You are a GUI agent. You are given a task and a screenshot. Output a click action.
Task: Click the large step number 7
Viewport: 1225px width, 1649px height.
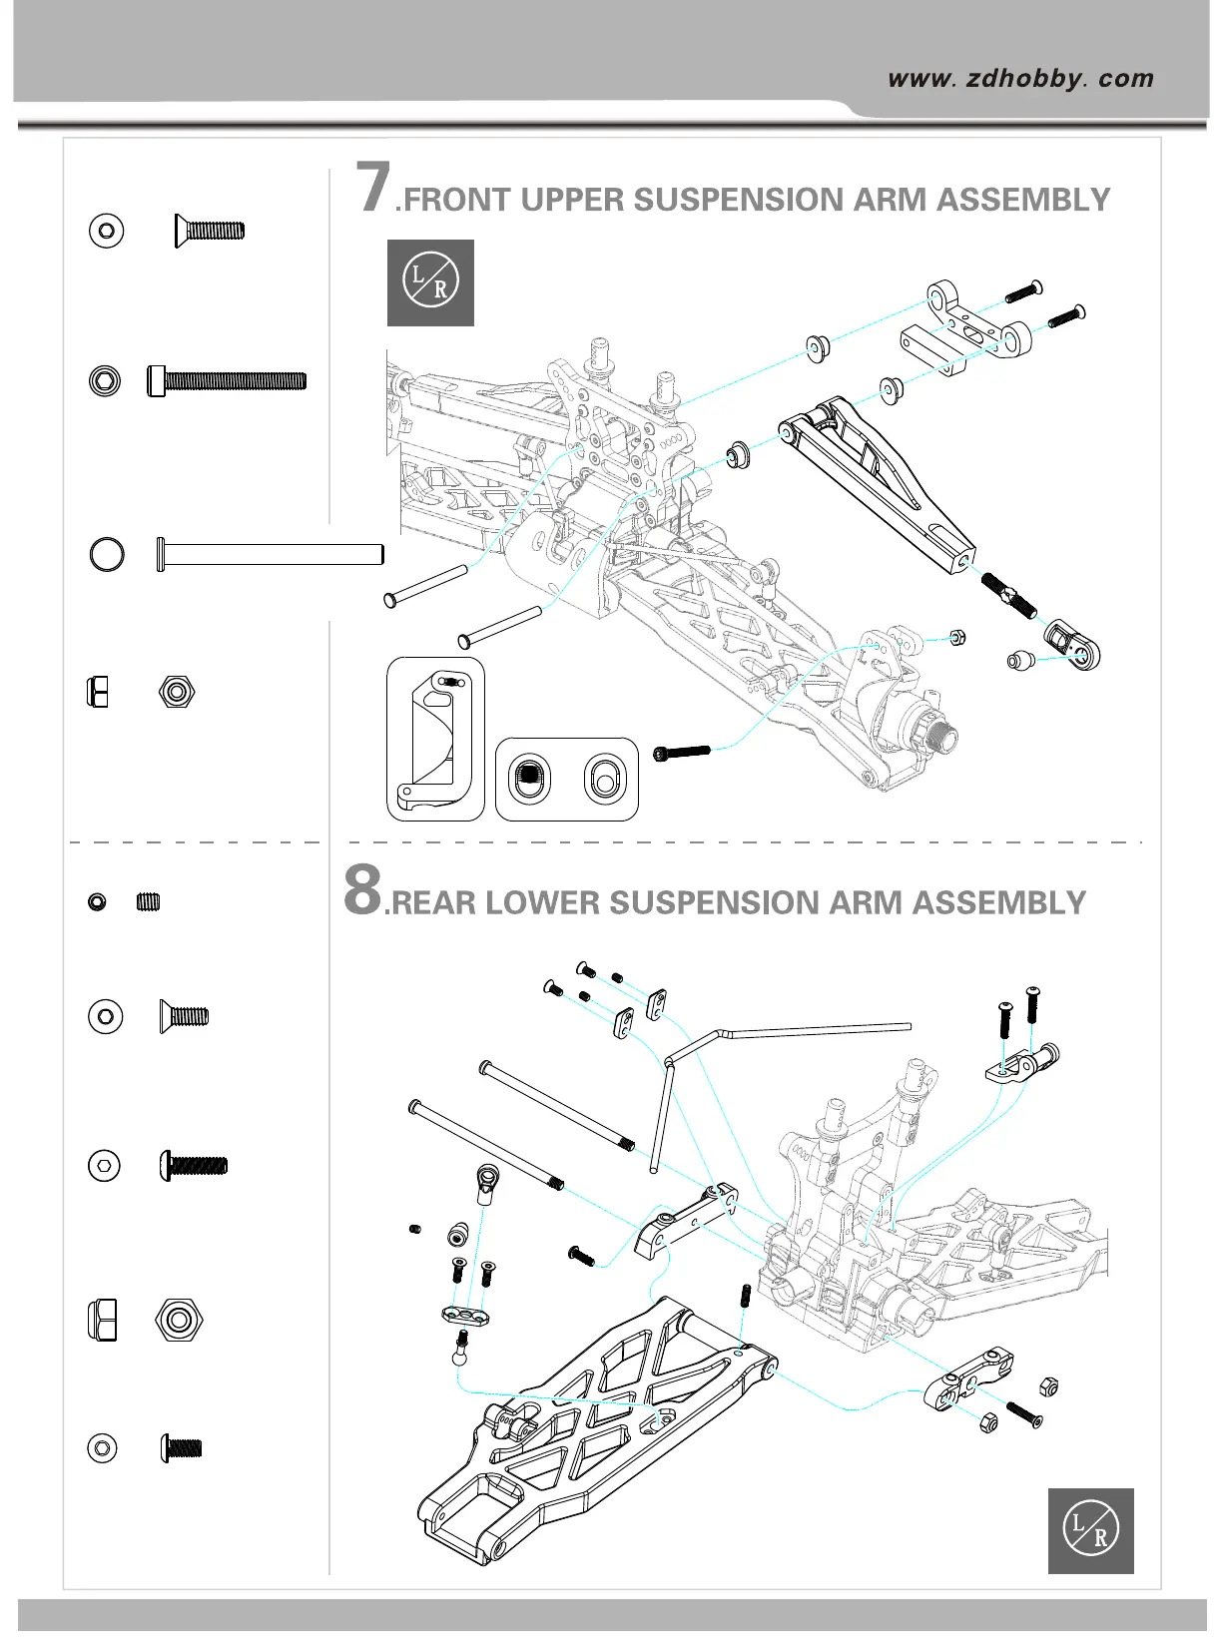point(374,188)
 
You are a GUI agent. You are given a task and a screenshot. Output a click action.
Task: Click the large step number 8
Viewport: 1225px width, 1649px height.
point(362,889)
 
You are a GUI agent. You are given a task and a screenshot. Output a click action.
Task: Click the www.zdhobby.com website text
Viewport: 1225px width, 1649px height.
point(1020,79)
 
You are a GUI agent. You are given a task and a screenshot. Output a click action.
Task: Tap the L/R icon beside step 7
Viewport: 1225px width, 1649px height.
point(430,282)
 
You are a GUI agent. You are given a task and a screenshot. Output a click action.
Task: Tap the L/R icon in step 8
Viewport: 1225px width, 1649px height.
point(1090,1530)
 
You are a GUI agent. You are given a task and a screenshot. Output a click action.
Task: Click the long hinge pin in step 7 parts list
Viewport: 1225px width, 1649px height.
point(270,554)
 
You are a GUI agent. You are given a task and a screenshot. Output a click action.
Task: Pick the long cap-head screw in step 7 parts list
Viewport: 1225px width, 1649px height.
point(227,380)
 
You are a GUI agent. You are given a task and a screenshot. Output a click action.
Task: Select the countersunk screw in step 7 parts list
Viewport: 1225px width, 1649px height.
point(209,231)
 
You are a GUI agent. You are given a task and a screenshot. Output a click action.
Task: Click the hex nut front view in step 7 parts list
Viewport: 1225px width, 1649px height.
point(177,691)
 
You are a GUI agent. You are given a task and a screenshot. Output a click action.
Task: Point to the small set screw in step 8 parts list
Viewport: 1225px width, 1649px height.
point(148,902)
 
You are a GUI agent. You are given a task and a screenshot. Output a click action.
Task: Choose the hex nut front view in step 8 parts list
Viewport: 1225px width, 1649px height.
point(179,1320)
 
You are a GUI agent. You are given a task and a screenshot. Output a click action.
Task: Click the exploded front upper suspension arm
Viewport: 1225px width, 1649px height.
point(879,478)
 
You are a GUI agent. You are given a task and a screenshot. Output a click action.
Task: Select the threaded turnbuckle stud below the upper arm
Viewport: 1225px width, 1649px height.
point(1009,595)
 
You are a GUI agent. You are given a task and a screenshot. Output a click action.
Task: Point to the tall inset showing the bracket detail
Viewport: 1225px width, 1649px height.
point(435,739)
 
